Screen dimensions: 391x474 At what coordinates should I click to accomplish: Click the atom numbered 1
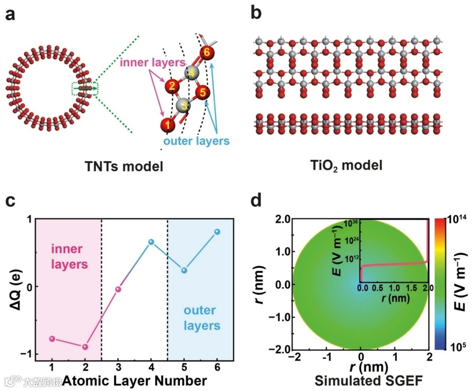[x=166, y=124]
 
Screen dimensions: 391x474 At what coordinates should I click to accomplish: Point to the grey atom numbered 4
[x=192, y=73]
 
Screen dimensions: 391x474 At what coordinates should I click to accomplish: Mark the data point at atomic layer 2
[x=85, y=346]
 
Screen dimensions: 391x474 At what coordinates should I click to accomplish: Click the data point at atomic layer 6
[x=217, y=232]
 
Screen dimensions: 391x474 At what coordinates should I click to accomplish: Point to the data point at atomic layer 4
[x=151, y=242]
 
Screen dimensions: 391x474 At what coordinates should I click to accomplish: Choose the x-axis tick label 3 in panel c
[x=118, y=368]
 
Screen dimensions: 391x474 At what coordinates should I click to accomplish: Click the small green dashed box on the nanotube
[x=85, y=89]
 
